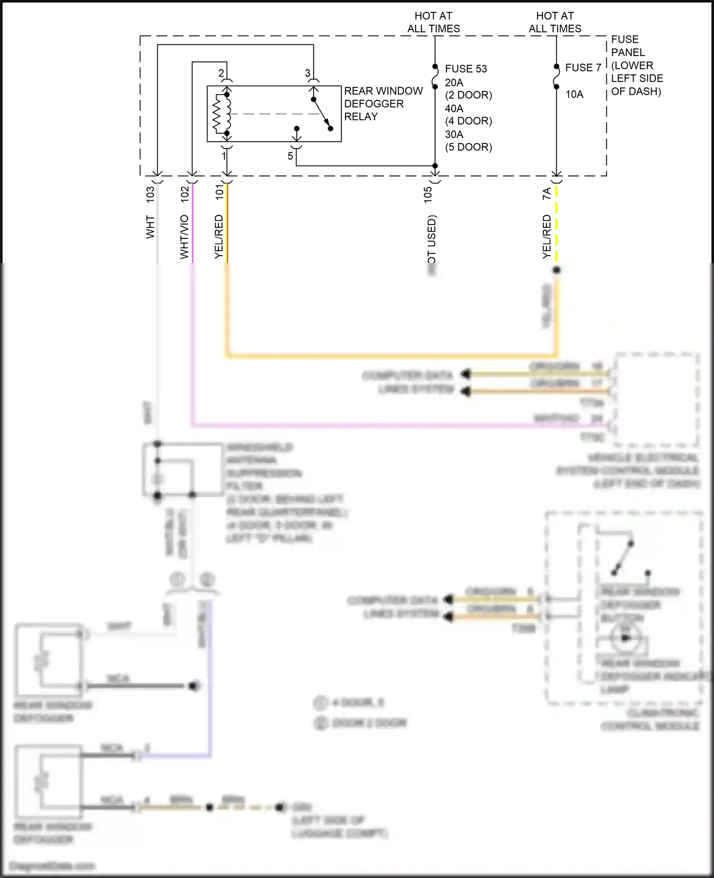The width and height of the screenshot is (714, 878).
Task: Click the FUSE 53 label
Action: point(466,69)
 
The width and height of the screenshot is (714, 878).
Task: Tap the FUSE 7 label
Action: point(583,68)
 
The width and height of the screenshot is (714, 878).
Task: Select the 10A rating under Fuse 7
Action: point(574,95)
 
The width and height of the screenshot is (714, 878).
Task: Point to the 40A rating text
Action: point(454,108)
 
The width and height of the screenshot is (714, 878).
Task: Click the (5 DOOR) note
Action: point(468,147)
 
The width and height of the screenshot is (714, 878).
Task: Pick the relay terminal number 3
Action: point(307,73)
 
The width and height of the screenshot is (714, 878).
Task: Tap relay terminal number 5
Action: point(290,156)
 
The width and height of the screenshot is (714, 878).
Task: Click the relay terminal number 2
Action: point(221,73)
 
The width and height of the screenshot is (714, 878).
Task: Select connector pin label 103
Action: point(150,194)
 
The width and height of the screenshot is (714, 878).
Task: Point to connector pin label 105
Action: point(427,194)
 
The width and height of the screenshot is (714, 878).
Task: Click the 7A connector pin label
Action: point(546,193)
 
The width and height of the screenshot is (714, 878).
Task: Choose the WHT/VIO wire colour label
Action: point(184,236)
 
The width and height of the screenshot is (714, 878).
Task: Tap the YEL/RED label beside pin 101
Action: point(218,236)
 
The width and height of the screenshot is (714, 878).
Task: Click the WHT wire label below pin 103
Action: point(150,227)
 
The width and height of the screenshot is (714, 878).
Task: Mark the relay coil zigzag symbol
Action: point(218,114)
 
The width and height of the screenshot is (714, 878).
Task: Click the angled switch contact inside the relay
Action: point(322,114)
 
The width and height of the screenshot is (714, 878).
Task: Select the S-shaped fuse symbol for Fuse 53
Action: point(435,77)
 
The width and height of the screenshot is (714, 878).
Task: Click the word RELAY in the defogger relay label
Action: point(361,117)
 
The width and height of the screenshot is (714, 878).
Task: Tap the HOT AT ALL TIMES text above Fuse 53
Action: point(433,22)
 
